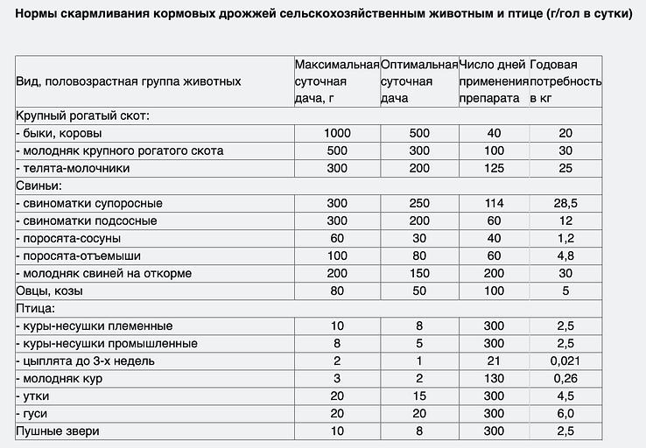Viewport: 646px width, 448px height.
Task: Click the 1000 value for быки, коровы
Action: (336, 133)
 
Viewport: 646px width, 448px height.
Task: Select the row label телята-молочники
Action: (74, 168)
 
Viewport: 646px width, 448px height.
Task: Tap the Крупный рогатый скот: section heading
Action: (83, 115)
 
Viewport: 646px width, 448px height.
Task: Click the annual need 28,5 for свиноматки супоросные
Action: (565, 203)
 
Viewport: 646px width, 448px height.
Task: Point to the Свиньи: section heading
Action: (39, 185)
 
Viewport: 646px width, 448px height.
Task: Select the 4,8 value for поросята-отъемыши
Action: (565, 255)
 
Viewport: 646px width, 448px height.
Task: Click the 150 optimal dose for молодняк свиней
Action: (419, 273)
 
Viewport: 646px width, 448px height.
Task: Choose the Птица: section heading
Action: (36, 308)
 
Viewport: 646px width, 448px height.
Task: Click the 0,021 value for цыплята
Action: (565, 360)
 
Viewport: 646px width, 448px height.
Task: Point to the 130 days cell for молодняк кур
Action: (494, 378)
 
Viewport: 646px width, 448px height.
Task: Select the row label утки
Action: (32, 395)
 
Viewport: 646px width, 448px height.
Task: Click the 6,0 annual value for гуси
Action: (565, 413)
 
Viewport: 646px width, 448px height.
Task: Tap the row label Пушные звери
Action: (58, 430)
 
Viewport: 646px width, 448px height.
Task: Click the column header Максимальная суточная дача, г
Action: (337, 81)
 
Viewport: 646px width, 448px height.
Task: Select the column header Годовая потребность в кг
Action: (565, 81)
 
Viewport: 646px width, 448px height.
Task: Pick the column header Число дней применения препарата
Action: (494, 81)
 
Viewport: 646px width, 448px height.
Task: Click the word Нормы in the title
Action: (37, 16)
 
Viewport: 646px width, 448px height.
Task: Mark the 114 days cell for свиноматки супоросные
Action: (494, 203)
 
